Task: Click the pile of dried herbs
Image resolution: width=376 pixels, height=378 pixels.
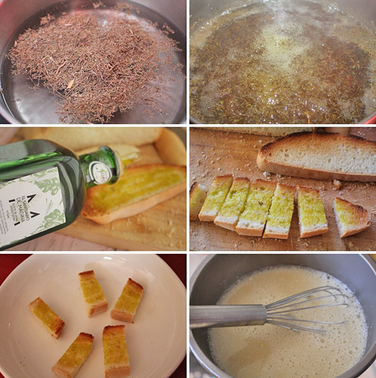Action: point(94,63)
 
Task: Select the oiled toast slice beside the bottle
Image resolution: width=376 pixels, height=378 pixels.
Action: point(135,192)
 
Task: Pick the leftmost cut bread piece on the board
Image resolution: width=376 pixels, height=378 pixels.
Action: point(197,200)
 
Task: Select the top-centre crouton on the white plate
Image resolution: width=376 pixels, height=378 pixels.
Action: point(93,293)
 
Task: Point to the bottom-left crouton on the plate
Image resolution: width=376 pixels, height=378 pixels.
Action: point(73,355)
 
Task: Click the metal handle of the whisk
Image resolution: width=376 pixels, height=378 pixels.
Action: point(227,316)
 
